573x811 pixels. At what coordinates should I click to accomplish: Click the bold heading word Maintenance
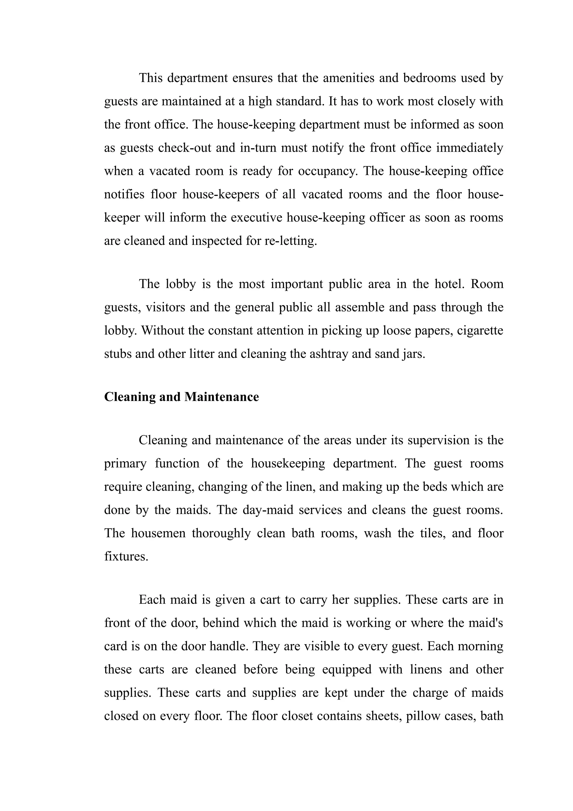click(x=221, y=397)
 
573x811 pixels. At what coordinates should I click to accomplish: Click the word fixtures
click(x=126, y=556)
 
